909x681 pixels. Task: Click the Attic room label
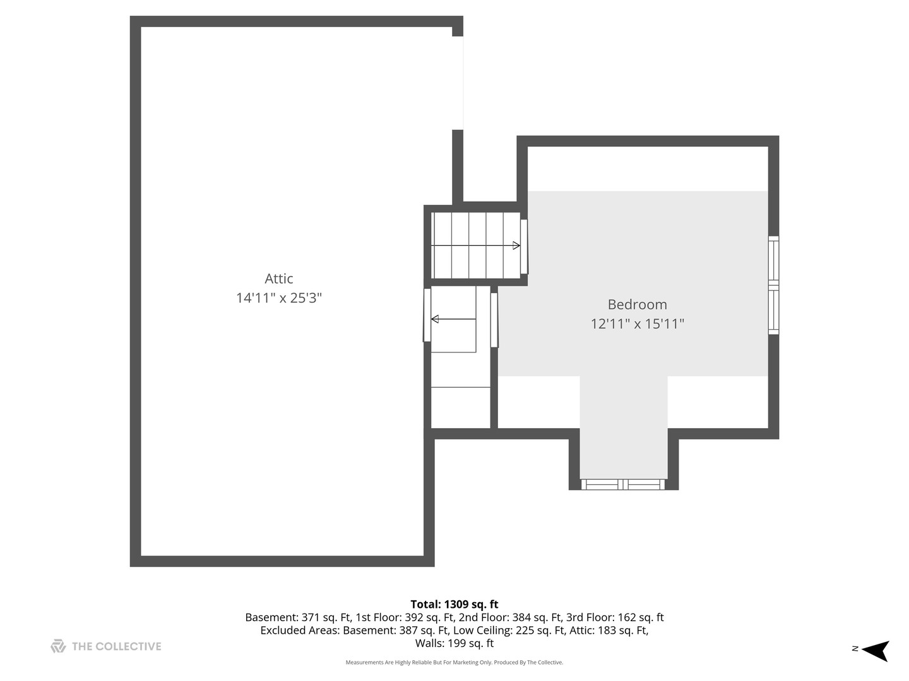(x=278, y=279)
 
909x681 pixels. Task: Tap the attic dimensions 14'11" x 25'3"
(x=278, y=298)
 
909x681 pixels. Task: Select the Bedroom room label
(x=637, y=305)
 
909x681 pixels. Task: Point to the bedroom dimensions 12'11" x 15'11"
(x=637, y=324)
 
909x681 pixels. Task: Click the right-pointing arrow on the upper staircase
(x=516, y=245)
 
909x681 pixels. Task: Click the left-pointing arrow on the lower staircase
(x=435, y=319)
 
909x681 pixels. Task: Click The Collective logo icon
(x=58, y=646)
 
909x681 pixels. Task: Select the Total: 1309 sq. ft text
(x=454, y=604)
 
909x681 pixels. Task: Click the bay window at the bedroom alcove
(x=623, y=484)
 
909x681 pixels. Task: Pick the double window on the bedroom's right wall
(x=773, y=285)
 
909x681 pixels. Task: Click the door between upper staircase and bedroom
(x=524, y=247)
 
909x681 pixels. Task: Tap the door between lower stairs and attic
(x=427, y=315)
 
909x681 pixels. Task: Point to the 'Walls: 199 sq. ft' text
(x=454, y=644)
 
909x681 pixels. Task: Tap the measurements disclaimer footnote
(x=454, y=663)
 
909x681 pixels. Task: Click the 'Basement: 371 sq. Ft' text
(x=297, y=618)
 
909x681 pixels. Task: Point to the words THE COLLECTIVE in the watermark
(x=116, y=646)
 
